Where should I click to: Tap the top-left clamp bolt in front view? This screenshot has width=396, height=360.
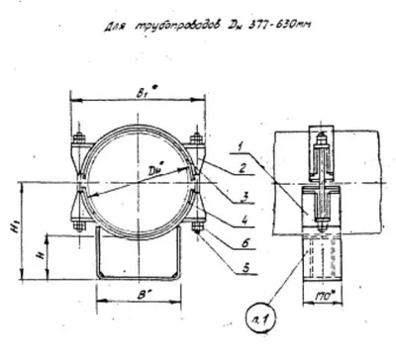[76, 138]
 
